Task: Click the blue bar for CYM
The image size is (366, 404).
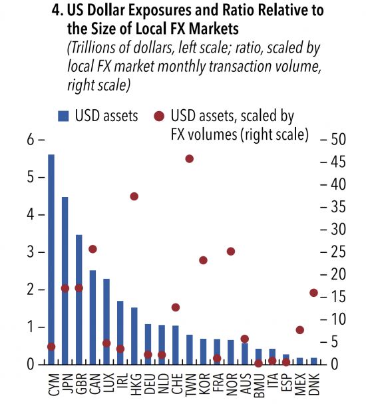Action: [x=51, y=260]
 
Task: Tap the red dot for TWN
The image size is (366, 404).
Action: [x=190, y=158]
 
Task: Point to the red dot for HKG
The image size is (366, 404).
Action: [x=134, y=196]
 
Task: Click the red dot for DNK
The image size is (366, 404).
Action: [x=314, y=292]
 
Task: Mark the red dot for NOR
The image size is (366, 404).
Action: [x=231, y=251]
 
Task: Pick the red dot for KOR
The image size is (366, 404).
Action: [x=204, y=260]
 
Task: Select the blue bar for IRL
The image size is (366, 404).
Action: [x=120, y=333]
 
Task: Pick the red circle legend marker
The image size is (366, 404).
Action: [x=160, y=116]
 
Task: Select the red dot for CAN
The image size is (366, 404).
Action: [x=92, y=249]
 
